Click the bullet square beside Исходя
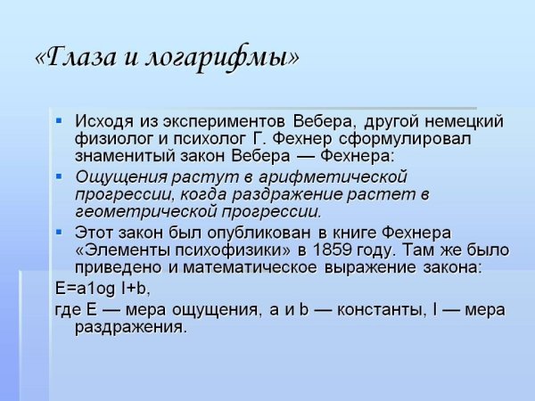(x=59, y=120)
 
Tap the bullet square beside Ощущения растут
(x=59, y=175)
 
